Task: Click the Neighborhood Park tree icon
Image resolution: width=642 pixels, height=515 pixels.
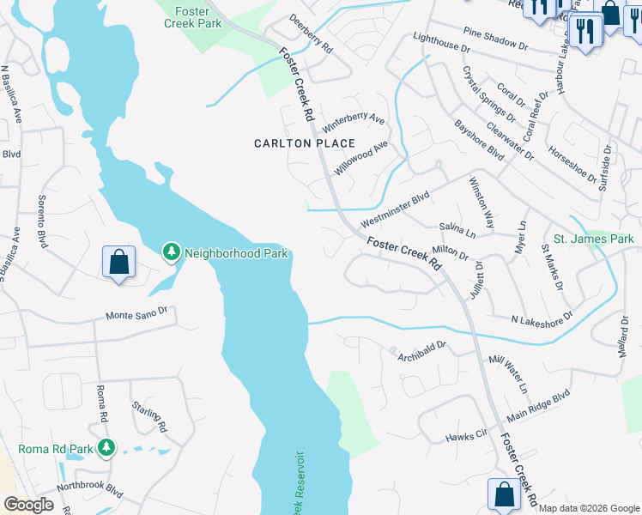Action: tap(172, 251)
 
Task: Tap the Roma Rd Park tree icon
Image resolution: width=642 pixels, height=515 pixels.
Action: tap(106, 447)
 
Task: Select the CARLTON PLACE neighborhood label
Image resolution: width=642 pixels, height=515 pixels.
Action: tap(305, 143)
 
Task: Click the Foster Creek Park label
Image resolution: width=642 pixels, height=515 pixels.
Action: tap(192, 17)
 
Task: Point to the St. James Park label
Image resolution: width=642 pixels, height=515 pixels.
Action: tap(593, 239)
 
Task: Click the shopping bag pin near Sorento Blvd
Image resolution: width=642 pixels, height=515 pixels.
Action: tap(118, 262)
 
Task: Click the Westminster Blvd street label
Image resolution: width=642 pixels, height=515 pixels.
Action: tap(394, 209)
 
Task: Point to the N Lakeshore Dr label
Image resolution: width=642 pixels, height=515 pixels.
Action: tap(542, 319)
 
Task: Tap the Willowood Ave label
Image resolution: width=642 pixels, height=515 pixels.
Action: tap(360, 159)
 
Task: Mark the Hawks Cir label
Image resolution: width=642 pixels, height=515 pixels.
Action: tap(466, 437)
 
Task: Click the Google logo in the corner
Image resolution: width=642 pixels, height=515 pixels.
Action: tap(28, 505)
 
